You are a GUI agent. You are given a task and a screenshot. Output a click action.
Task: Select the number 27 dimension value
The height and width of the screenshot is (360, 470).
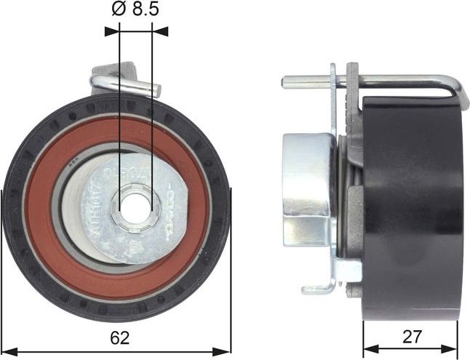point(413,337)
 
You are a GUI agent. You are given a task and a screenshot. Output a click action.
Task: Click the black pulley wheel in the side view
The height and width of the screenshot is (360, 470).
point(411,211)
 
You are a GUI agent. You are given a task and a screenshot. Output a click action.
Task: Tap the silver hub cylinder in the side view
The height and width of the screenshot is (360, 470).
point(308,189)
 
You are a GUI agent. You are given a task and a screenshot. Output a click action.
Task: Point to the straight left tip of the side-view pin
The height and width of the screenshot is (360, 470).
point(284,81)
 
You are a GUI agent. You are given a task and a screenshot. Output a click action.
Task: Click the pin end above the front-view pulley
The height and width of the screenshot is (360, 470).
point(156,87)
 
